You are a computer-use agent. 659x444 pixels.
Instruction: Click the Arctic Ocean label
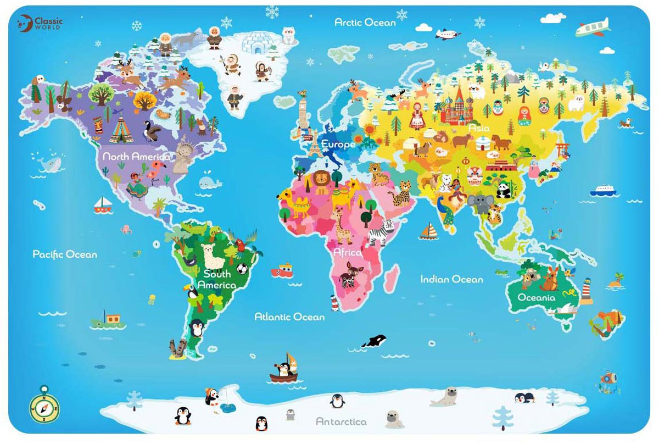(x=365, y=23)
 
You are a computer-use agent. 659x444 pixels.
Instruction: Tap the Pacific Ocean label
(x=65, y=254)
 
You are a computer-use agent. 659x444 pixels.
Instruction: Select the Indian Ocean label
(x=451, y=279)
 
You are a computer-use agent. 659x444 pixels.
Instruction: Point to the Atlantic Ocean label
(x=289, y=317)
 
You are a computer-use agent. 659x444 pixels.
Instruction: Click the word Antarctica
(x=341, y=421)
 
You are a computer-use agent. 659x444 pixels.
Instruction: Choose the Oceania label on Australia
(x=537, y=297)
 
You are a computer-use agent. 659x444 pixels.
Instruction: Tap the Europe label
(x=338, y=144)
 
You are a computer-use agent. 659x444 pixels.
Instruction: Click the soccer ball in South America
(x=242, y=269)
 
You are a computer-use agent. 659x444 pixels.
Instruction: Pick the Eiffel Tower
(x=315, y=145)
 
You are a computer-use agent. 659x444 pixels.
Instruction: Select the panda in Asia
(x=504, y=190)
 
